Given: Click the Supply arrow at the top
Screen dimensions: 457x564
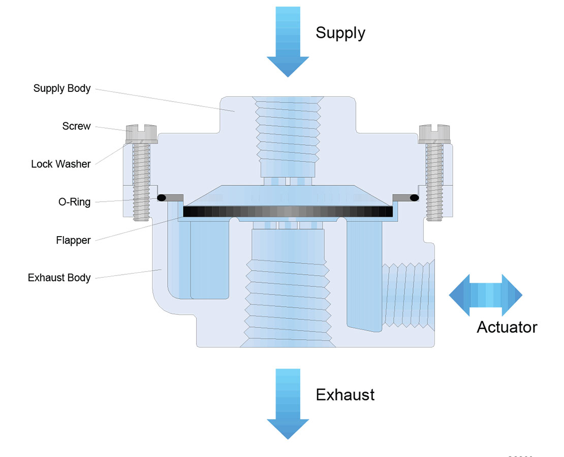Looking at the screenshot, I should (288, 41).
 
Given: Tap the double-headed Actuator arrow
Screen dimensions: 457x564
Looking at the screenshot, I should (486, 295).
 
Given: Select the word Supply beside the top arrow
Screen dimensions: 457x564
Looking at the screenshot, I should (340, 33).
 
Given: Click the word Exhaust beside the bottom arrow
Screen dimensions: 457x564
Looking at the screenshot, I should (345, 395).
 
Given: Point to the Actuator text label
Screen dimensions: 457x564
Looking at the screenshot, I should (507, 327).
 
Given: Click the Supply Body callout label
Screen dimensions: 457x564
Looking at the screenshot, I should (62, 88).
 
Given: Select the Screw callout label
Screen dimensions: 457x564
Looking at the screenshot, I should (76, 126).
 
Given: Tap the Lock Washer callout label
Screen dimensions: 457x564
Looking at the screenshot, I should (60, 164).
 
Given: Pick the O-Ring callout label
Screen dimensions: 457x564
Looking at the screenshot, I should (74, 202).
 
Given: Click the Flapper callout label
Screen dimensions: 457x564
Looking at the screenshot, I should (73, 240).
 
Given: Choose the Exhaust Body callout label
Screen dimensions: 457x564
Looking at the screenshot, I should (59, 278).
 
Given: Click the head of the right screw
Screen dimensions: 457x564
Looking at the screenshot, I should (434, 133).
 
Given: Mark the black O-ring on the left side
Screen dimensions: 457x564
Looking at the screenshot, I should (162, 197).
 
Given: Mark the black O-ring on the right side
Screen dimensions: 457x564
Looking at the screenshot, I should (414, 197).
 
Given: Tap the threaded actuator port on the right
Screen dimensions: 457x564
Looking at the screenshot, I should (409, 295).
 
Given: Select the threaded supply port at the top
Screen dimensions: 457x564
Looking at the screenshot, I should (288, 127).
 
